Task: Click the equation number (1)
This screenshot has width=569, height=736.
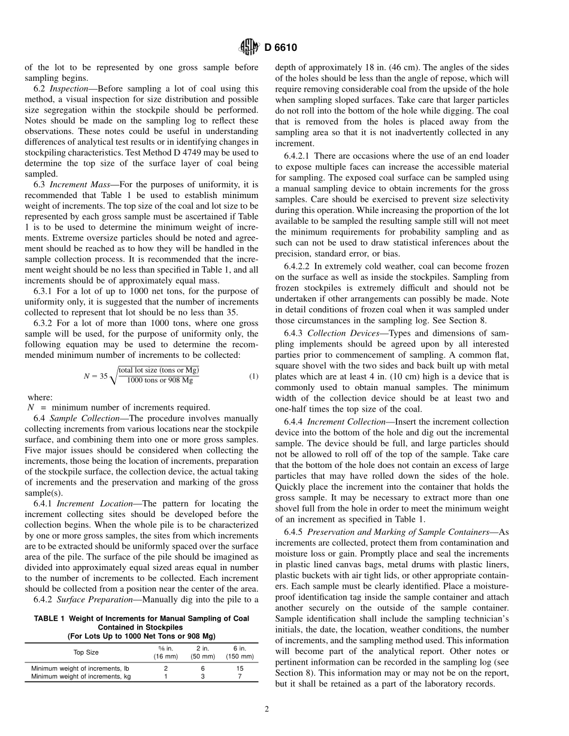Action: click(253, 376)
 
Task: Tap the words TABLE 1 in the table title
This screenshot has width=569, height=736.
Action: click(51, 618)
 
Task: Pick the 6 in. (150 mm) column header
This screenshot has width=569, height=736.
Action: click(240, 652)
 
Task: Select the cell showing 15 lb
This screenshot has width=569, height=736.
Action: click(240, 668)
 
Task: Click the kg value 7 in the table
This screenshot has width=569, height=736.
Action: click(240, 676)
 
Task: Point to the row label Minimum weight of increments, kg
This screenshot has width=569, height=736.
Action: click(81, 676)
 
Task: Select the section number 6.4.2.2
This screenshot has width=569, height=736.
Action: click(298, 266)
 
